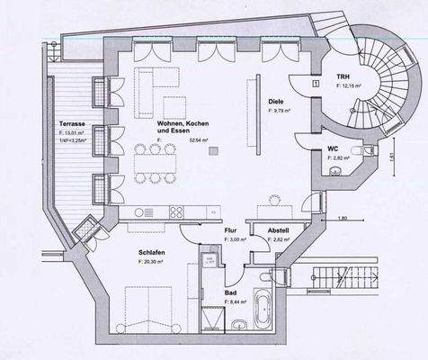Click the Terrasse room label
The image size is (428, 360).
pyautogui.click(x=72, y=121)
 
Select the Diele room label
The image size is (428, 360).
pyautogui.click(x=275, y=102)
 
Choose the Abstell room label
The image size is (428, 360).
pyautogui.click(x=277, y=230)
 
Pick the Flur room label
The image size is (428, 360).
pyautogui.click(x=230, y=230)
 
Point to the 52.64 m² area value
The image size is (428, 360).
pyautogui.click(x=198, y=140)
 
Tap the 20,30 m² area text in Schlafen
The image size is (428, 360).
pyautogui.click(x=156, y=262)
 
